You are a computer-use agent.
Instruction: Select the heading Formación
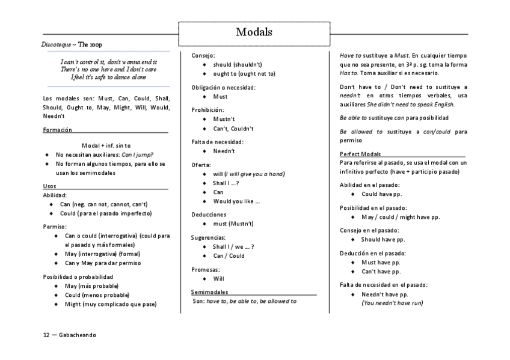pos(58,130)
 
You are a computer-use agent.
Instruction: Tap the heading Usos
pos(50,186)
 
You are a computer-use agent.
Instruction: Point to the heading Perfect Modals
pos(360,154)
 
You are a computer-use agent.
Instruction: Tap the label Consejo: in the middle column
pos(203,55)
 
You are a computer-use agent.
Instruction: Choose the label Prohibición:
pos(207,110)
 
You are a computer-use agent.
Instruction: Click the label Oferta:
pos(201,165)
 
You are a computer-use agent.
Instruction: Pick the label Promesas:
pos(206,270)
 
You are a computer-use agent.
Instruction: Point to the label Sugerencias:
pos(209,237)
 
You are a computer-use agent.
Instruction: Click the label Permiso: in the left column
pos(55,227)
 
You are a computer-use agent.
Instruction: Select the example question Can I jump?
pos(135,154)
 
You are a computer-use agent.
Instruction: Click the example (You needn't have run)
pos(392,303)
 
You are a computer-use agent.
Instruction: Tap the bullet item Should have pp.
pos(382,239)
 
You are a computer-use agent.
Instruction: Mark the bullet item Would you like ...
pos(236,201)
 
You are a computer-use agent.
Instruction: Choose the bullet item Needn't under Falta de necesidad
pos(224,151)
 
